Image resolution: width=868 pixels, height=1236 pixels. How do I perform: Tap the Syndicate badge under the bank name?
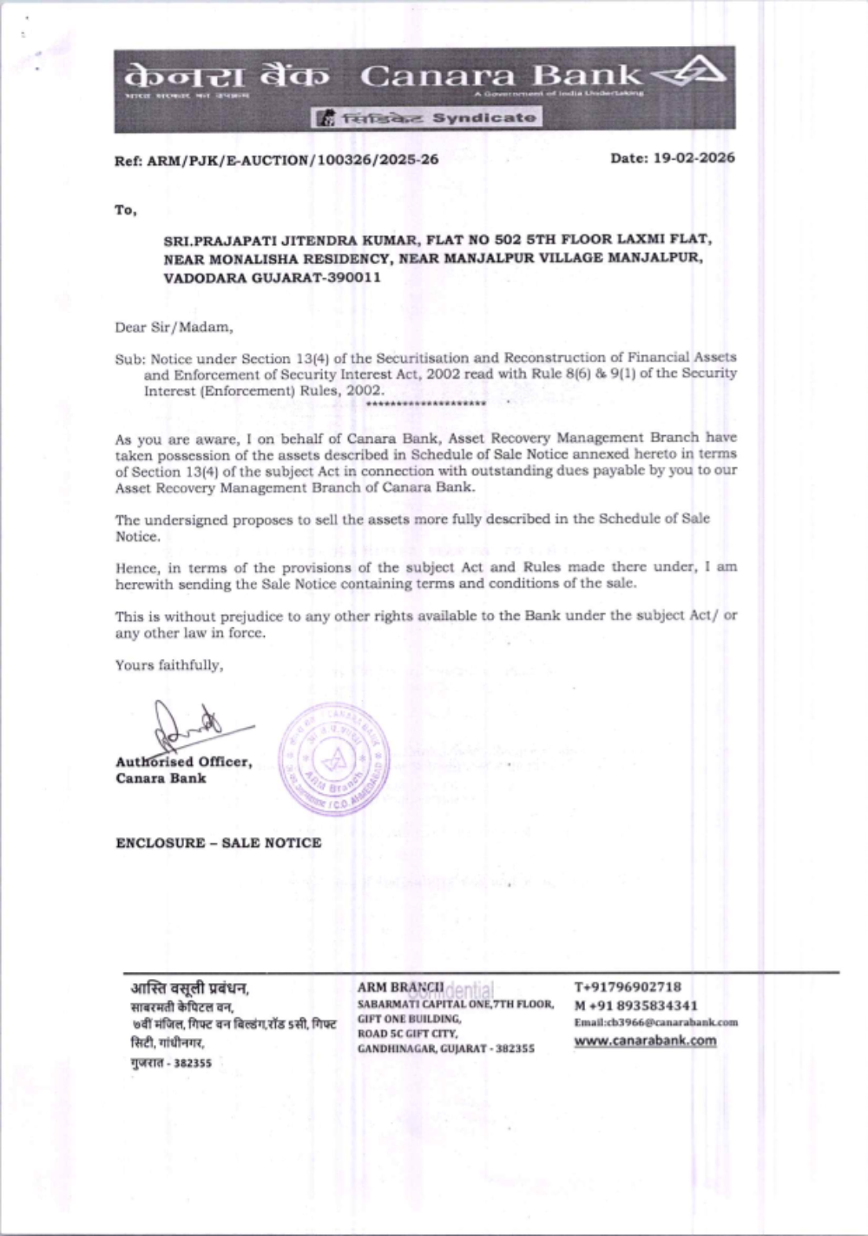(427, 117)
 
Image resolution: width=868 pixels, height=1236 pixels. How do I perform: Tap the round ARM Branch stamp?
(334, 758)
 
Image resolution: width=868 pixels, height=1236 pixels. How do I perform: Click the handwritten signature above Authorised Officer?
(187, 725)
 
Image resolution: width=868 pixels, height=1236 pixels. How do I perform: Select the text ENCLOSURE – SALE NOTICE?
(219, 843)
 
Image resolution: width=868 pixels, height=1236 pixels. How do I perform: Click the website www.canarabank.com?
(645, 1041)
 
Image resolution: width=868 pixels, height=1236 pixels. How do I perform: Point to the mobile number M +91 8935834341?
(636, 1005)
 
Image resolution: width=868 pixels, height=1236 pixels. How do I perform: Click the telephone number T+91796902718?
(628, 987)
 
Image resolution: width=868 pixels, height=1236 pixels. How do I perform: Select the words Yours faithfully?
(169, 665)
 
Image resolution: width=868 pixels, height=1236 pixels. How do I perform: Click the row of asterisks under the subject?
(425, 404)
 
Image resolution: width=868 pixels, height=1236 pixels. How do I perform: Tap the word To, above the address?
(126, 209)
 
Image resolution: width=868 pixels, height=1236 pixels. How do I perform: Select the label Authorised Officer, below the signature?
(184, 762)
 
